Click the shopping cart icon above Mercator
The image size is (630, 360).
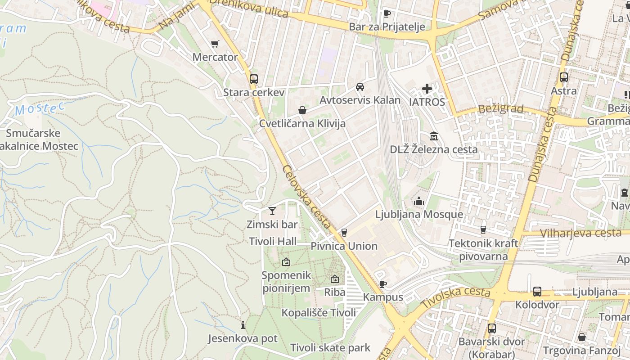point(215,44)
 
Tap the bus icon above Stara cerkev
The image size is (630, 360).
point(254,79)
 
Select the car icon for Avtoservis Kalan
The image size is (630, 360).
point(360,87)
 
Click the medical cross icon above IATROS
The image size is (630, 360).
point(427,89)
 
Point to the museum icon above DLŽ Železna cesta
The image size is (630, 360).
point(434,136)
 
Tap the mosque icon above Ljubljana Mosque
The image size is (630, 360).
point(419,201)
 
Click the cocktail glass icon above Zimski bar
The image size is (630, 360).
point(272,211)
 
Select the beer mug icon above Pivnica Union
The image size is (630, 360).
point(344,232)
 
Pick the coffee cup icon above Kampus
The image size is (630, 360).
point(382,283)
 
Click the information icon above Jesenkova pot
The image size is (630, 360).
point(243,325)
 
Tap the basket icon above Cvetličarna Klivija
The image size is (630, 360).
point(302,110)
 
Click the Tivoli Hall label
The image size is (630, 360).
point(273,241)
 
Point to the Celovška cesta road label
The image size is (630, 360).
point(307,197)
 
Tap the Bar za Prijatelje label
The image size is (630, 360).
point(387,27)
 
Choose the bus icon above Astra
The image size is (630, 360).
point(564,77)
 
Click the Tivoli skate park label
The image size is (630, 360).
point(330,347)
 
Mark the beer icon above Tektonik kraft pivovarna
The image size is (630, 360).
point(483,229)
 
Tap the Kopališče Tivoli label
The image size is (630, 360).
point(319,312)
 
